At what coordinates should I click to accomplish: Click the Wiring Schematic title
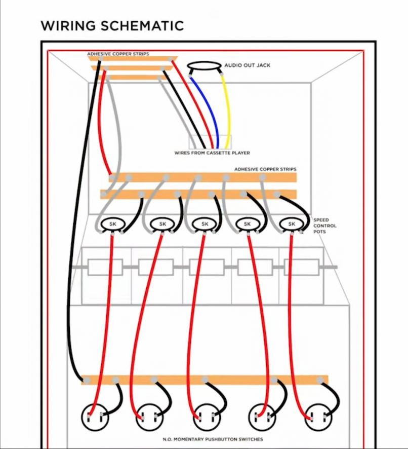pyautogui.click(x=112, y=25)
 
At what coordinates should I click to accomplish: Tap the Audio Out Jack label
pyautogui.click(x=247, y=66)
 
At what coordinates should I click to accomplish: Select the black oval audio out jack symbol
pyautogui.click(x=205, y=66)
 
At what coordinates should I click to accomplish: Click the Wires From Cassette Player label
pyautogui.click(x=212, y=153)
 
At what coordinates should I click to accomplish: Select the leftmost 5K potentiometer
pyautogui.click(x=112, y=223)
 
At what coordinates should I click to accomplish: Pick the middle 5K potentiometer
pyautogui.click(x=205, y=223)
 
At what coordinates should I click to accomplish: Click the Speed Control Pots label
pyautogui.click(x=324, y=226)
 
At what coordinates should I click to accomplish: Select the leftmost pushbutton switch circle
pyautogui.click(x=95, y=417)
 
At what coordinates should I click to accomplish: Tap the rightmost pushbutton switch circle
pyautogui.click(x=319, y=417)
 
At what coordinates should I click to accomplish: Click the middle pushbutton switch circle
pyautogui.click(x=207, y=417)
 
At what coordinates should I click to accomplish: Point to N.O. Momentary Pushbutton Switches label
pyautogui.click(x=213, y=439)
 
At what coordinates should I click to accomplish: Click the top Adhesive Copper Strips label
pyautogui.click(x=118, y=54)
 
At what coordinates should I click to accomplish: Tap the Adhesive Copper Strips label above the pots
pyautogui.click(x=265, y=169)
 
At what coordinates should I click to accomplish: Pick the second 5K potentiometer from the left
pyautogui.click(x=162, y=223)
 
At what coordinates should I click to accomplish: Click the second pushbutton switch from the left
pyautogui.click(x=150, y=417)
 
